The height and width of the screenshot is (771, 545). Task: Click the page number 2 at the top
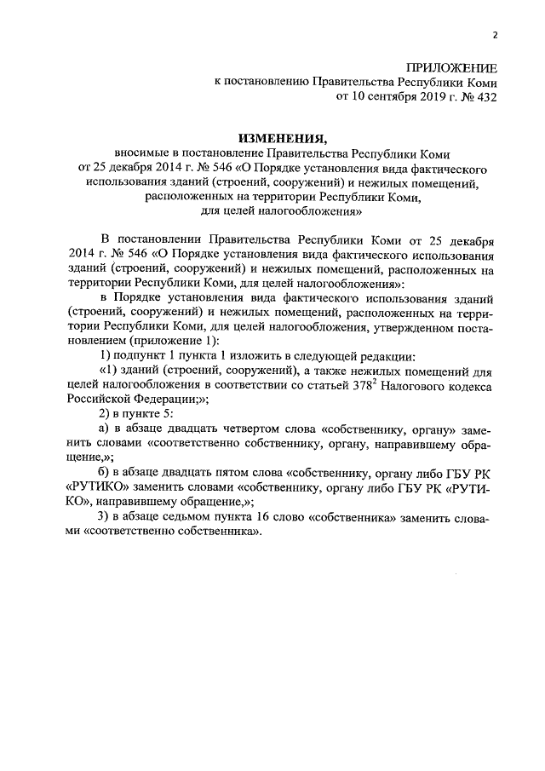(x=496, y=35)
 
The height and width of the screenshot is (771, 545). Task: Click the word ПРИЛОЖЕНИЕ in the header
(x=452, y=67)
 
